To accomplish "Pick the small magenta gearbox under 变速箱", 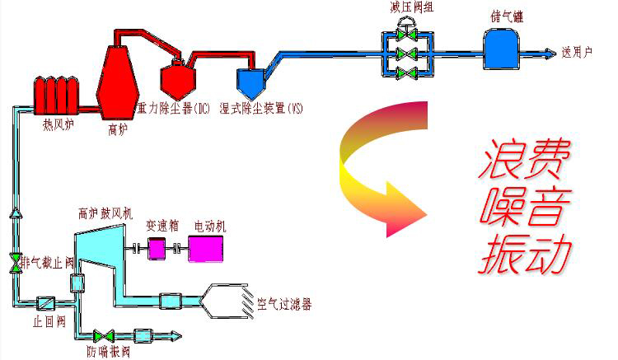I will (157, 248).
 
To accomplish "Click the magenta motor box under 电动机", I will (204, 247).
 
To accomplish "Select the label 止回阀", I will (49, 322).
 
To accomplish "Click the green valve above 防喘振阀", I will (104, 336).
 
